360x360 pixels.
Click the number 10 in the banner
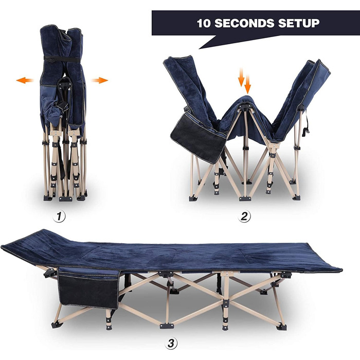click(204, 24)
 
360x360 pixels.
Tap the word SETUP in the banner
click(299, 23)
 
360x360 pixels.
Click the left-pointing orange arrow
click(25, 80)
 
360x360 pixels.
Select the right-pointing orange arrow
click(99, 80)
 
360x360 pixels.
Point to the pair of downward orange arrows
click(244, 80)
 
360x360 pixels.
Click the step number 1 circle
click(59, 217)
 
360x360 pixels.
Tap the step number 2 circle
click(244, 217)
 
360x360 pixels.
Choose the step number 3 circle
click(171, 344)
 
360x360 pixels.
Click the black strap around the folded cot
click(62, 59)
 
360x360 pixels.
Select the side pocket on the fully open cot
click(89, 287)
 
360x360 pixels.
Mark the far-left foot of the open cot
click(57, 325)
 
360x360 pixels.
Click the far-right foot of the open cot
click(281, 327)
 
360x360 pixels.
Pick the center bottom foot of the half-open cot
click(245, 199)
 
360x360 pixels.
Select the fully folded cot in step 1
click(63, 113)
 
